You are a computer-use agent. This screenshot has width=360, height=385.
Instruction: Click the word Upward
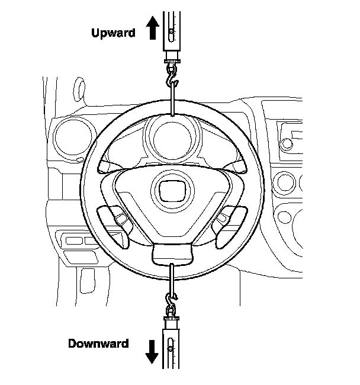click(113, 33)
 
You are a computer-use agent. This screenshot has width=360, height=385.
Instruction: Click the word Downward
click(98, 344)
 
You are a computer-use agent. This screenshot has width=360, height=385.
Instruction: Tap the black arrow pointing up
click(152, 28)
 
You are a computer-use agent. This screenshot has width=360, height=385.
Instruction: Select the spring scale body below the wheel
click(171, 349)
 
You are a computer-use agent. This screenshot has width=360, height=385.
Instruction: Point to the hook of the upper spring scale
click(172, 75)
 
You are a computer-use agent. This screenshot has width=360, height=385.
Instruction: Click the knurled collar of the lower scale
click(171, 320)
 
